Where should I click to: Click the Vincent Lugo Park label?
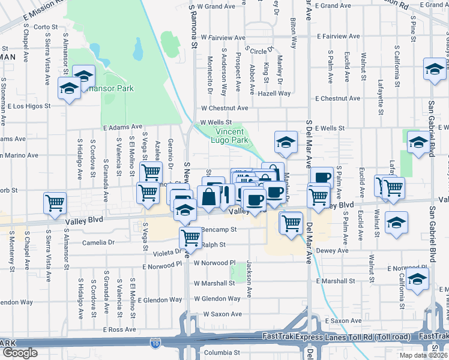229,136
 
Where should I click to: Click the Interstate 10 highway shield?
155,343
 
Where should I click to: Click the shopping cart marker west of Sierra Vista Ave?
55,203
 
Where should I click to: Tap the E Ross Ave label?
119,329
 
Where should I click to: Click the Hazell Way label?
274,94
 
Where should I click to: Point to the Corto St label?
46,27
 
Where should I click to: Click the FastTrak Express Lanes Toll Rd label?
336,337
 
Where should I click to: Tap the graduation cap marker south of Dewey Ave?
396,223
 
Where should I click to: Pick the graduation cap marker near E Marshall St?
418,280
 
